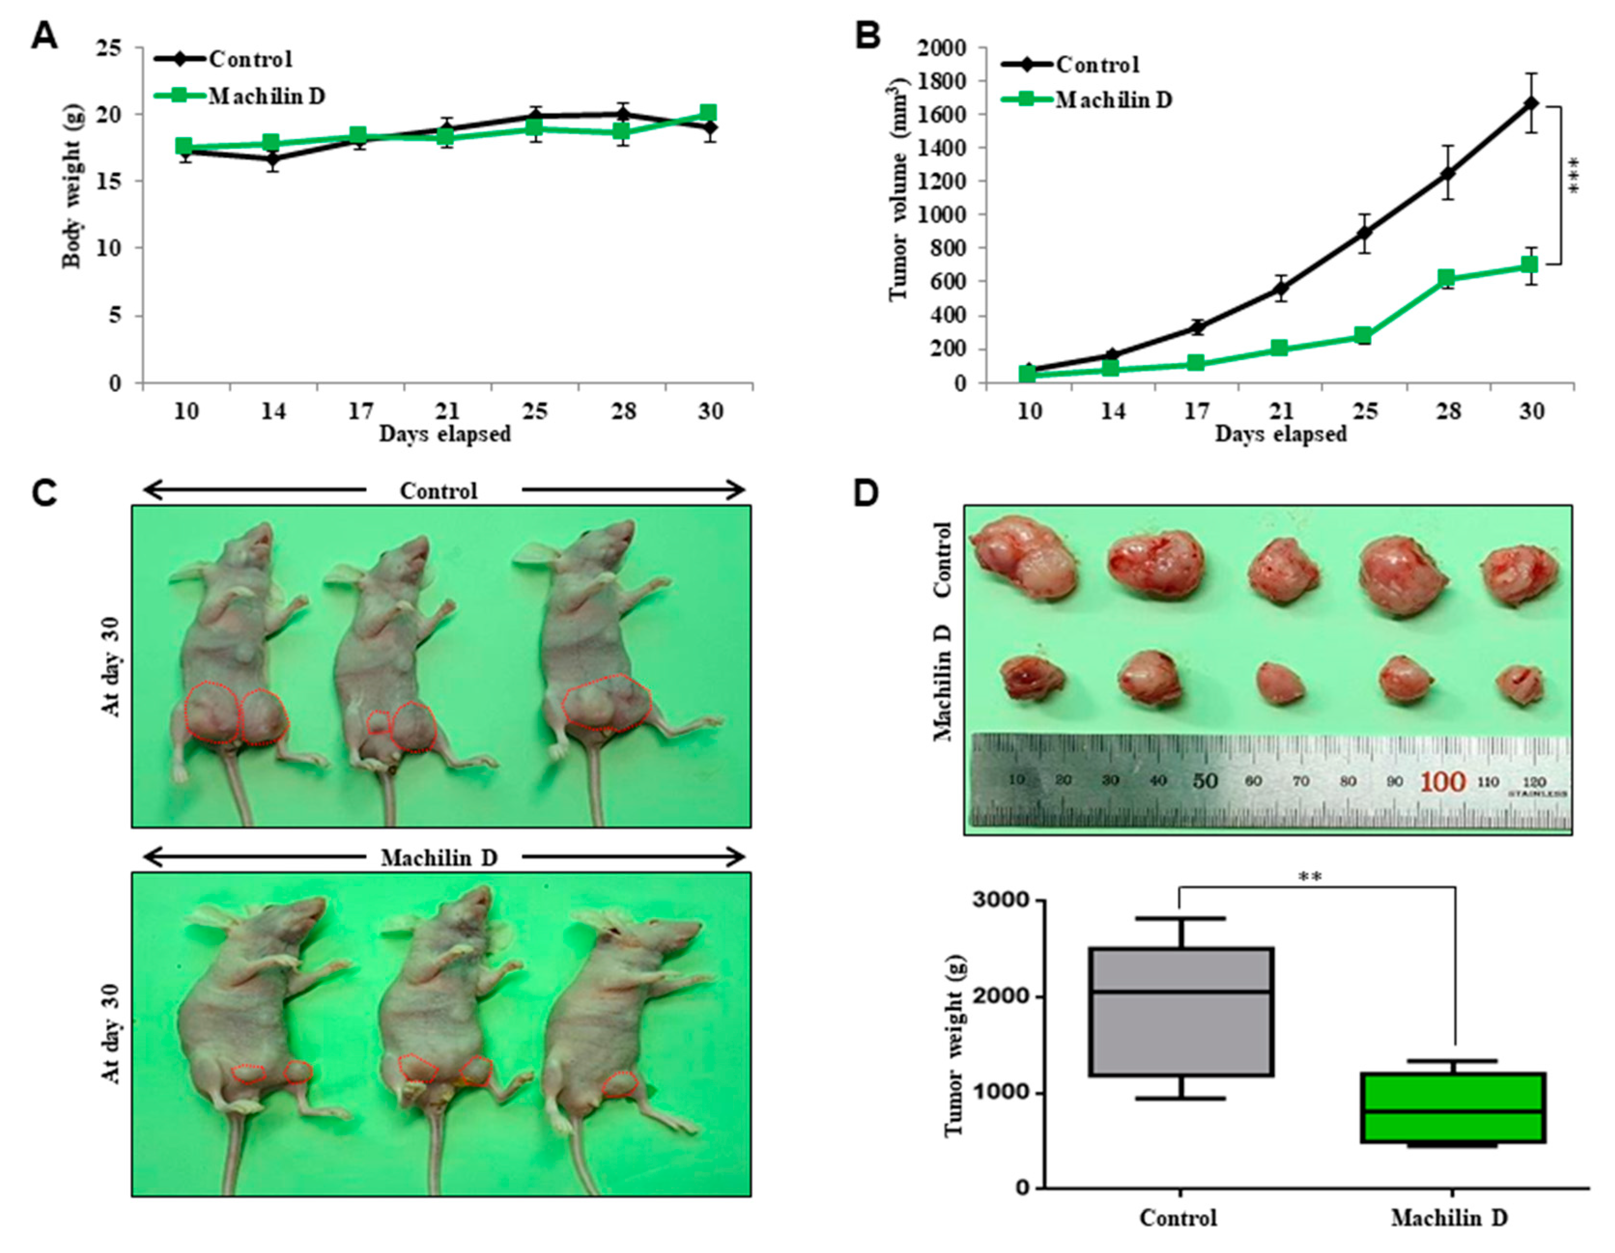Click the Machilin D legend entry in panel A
point(266,96)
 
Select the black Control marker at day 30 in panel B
point(1530,103)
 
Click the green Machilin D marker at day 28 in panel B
point(1446,278)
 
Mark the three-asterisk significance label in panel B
point(1573,176)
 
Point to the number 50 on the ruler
point(1204,780)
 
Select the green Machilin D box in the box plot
point(1453,1107)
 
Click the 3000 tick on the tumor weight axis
point(1002,900)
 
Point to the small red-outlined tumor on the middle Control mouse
point(378,722)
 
